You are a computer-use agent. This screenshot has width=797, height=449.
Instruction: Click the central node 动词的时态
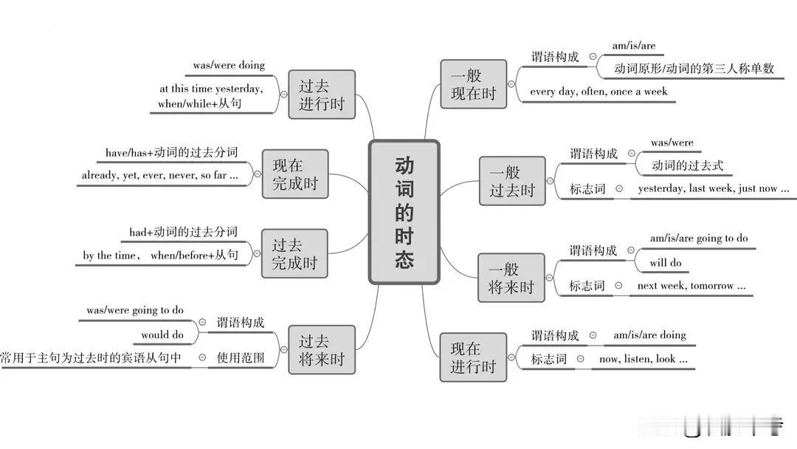point(404,211)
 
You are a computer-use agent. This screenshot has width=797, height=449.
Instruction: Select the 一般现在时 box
point(473,84)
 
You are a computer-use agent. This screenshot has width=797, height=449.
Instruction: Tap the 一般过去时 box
point(512,181)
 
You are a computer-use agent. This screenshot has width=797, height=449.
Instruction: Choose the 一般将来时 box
point(511,278)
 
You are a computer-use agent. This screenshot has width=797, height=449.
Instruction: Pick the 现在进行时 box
point(473,357)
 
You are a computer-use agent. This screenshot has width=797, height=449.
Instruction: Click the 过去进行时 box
point(322,95)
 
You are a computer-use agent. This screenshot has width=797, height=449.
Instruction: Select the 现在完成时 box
point(295,174)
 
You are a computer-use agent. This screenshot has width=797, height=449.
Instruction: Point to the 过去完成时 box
point(294,254)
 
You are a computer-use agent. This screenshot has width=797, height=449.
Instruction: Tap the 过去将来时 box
point(322,350)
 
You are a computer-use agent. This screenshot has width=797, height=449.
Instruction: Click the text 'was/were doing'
point(229,65)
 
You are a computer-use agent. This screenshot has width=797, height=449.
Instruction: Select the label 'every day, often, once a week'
point(598,92)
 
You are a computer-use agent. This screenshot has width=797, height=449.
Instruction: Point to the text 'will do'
point(666,263)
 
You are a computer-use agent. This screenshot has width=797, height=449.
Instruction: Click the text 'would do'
point(162,335)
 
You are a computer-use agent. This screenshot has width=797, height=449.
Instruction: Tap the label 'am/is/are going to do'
point(699,238)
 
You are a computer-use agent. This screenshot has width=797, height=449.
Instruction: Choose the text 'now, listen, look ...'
point(643,359)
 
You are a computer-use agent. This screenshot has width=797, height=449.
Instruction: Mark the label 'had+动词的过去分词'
point(184,232)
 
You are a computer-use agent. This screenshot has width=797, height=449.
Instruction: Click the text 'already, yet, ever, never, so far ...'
point(159,175)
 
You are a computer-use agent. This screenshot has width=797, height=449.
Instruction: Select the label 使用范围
point(241,357)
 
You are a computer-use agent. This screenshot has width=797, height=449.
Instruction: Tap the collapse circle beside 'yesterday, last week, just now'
point(619,188)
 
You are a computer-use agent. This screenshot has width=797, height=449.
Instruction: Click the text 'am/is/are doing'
point(649,335)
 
